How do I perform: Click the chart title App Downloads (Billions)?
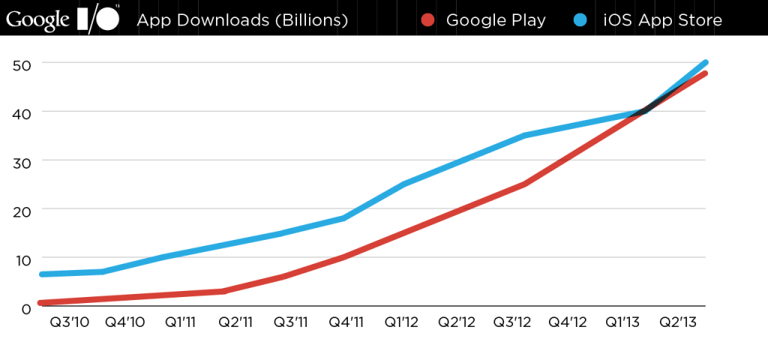(241, 19)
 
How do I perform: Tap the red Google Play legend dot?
(427, 19)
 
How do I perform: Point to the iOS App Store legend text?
(663, 19)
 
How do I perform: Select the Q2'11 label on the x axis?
(234, 323)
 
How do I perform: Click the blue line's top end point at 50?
(706, 62)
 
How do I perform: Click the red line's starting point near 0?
(40, 303)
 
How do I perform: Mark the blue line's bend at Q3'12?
(523, 136)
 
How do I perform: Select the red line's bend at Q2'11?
(223, 291)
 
